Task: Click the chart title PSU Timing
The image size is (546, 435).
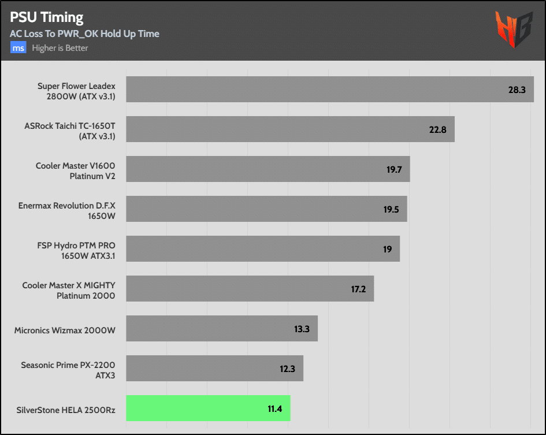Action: point(47,17)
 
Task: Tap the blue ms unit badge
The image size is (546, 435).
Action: point(18,48)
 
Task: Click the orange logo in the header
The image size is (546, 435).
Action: point(513,30)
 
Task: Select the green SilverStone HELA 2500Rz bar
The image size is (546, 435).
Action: point(208,408)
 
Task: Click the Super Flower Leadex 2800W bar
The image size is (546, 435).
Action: point(329,90)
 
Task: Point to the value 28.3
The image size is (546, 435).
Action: point(517,90)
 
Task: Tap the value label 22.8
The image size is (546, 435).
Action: point(437,130)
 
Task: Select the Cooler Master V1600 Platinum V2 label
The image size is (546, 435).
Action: point(75,171)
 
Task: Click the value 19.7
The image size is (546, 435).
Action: point(393,170)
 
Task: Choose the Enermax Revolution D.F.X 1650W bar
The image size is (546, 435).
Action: point(266,209)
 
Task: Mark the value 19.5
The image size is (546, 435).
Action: point(391,210)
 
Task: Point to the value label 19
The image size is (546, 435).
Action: point(387,250)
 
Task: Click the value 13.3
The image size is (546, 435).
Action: point(302,329)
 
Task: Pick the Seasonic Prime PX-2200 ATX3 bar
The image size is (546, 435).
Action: point(214,368)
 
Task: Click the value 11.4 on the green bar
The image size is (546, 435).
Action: point(274,409)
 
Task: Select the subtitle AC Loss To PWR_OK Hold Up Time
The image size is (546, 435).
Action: point(84,34)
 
